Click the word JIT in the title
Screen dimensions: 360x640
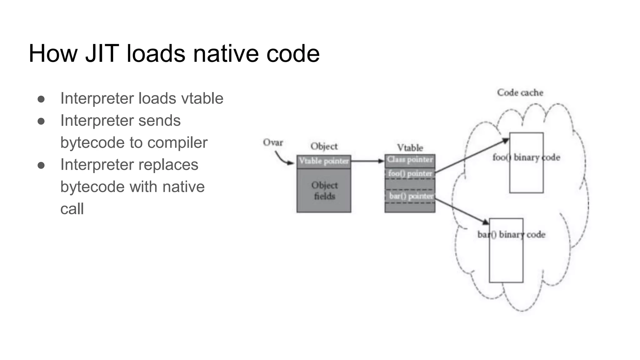pos(102,54)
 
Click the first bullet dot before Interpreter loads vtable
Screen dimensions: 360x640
pos(41,99)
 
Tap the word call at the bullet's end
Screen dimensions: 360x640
pos(72,209)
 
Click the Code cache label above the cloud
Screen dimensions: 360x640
pos(520,93)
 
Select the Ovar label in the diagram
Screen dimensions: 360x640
pos(273,142)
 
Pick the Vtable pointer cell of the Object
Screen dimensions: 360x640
pos(324,161)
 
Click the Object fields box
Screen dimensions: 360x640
pos(324,191)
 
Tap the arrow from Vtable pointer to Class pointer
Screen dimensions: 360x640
pos(367,161)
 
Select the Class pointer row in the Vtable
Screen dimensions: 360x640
pos(410,160)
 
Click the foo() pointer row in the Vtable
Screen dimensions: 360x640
pos(410,173)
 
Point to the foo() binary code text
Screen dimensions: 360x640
pos(526,157)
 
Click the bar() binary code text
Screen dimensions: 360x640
pos(511,234)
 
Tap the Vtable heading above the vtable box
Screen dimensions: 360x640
pos(410,148)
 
